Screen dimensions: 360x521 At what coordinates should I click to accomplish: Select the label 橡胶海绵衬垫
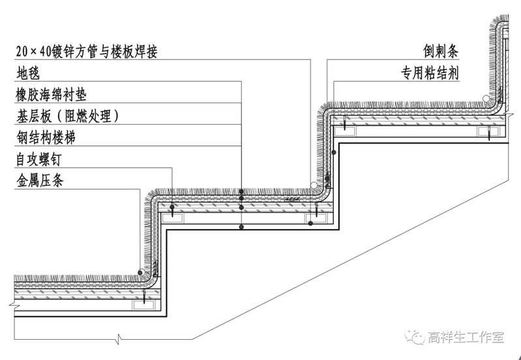click(x=52, y=95)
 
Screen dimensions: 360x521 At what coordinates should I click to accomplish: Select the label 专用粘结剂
click(x=430, y=73)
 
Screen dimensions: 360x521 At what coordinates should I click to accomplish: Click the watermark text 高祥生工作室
click(x=466, y=338)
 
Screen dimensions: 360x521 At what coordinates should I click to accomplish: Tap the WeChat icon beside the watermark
click(x=415, y=338)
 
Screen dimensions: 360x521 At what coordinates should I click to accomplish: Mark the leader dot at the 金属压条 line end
click(x=140, y=273)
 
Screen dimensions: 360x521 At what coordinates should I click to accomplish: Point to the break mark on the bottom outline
click(x=119, y=339)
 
